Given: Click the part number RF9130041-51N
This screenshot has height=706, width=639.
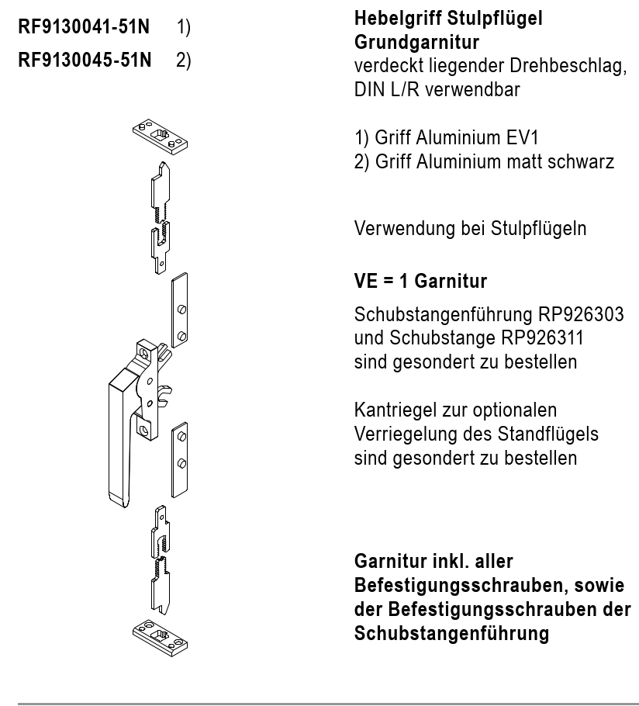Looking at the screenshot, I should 85,28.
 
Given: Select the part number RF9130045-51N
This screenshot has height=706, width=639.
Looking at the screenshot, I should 85,59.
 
